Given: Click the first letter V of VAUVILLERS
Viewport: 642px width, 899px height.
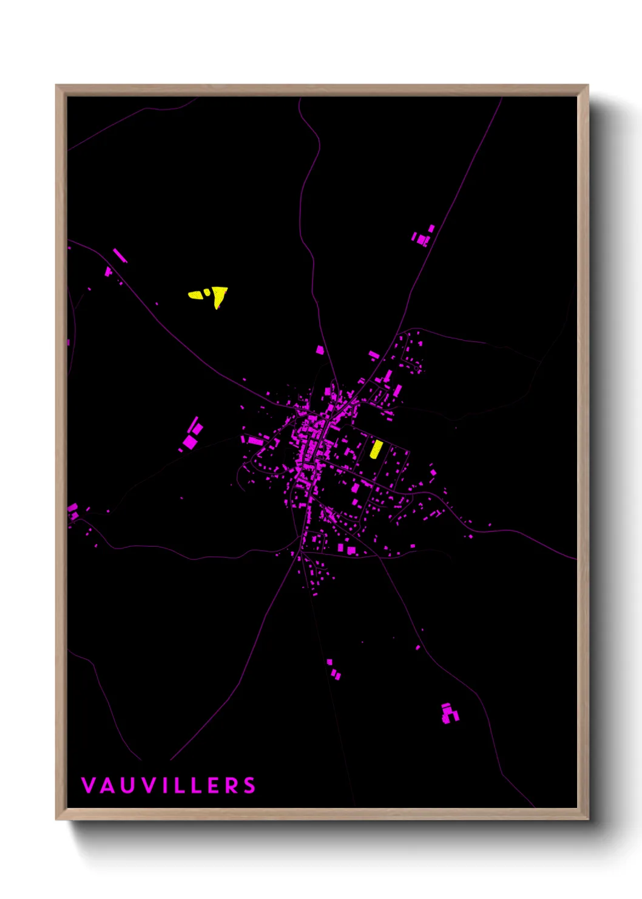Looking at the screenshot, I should click(88, 785).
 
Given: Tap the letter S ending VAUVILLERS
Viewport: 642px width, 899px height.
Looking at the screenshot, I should click(250, 785).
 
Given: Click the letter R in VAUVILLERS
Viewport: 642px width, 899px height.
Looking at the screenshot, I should click(231, 785).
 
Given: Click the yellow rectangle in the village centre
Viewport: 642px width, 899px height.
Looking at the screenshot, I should click(376, 449).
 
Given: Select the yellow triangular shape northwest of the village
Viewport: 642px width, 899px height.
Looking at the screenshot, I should click(220, 296).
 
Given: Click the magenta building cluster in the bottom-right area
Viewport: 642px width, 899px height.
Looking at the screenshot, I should click(449, 713).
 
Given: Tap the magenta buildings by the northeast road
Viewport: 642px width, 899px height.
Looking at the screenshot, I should click(423, 236).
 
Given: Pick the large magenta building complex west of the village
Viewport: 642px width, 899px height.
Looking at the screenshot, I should click(192, 436).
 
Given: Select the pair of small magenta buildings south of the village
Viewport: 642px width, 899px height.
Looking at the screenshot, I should click(333, 669).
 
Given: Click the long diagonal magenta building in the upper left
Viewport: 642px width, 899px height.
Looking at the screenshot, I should click(120, 255).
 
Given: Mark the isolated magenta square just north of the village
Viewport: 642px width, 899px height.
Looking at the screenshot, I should click(320, 350).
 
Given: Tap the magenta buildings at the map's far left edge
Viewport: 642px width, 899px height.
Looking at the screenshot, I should click(72, 510).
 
